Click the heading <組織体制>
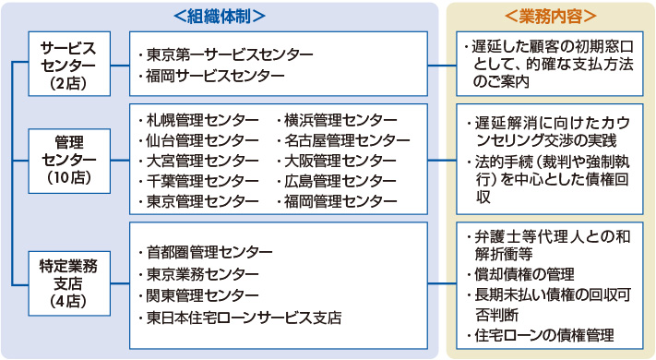pyautogui.click(x=220, y=16)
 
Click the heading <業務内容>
pyautogui.click(x=550, y=16)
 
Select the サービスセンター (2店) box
pyautogui.click(x=68, y=63)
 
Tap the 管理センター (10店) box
pyautogui.click(x=68, y=160)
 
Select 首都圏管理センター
pyautogui.click(x=209, y=251)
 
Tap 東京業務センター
pyautogui.click(x=202, y=273)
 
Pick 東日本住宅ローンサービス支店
pyautogui.click(x=243, y=318)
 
